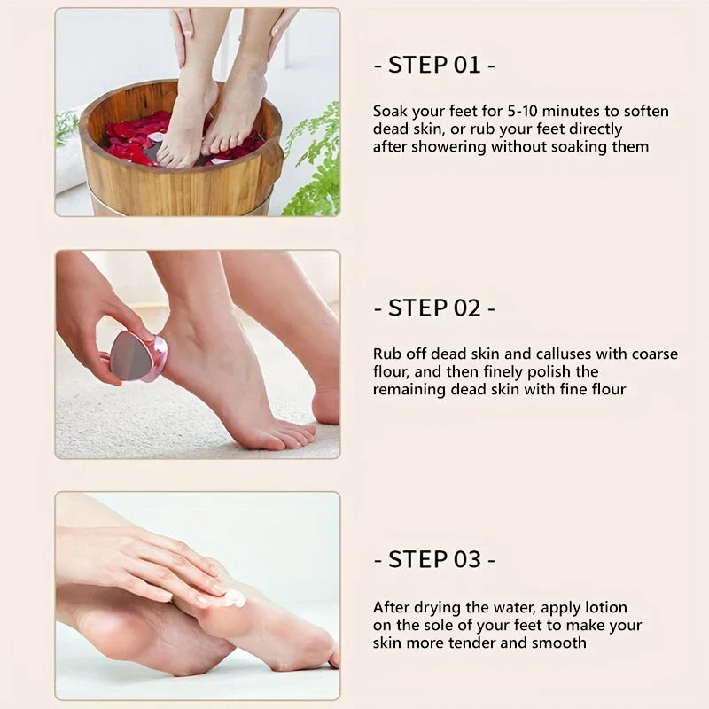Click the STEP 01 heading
click(x=434, y=65)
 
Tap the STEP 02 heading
click(x=434, y=308)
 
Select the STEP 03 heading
click(x=434, y=559)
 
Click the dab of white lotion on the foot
click(x=234, y=599)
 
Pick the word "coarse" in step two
click(x=654, y=354)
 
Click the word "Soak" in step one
click(x=391, y=112)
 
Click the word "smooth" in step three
click(x=558, y=643)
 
